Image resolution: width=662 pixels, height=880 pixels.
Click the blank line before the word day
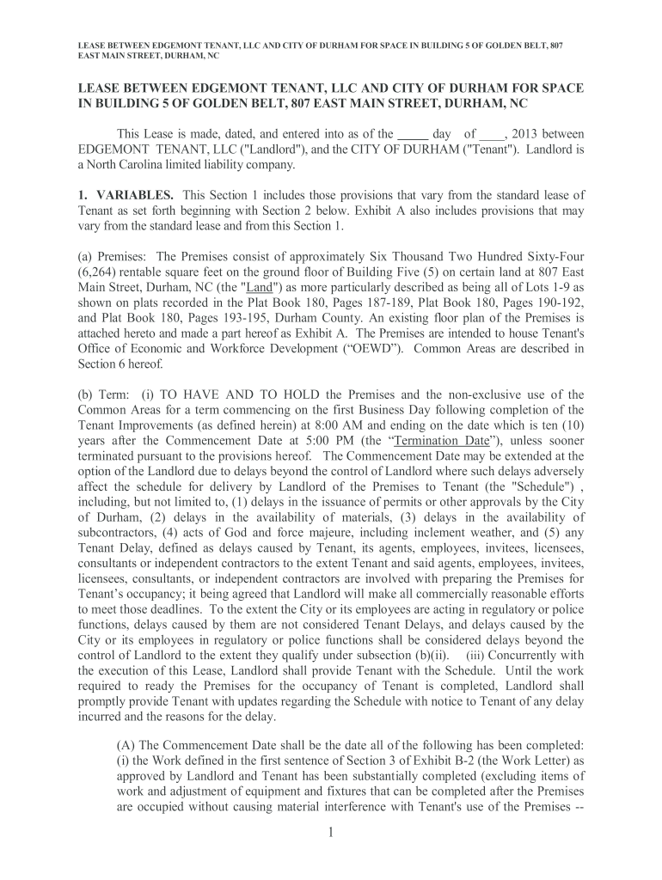414,134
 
